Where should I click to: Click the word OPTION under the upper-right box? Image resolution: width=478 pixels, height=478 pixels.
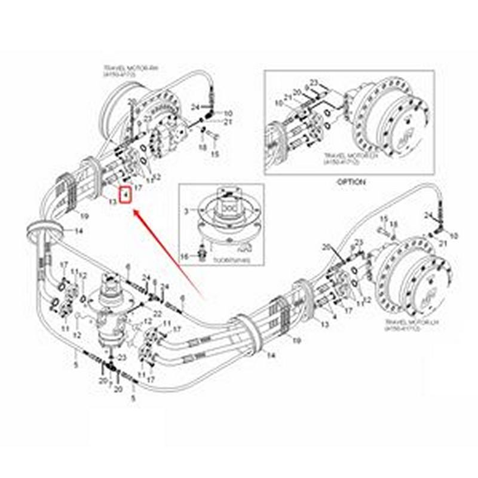[x=350, y=181]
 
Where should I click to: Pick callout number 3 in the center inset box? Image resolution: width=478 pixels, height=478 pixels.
[x=186, y=212]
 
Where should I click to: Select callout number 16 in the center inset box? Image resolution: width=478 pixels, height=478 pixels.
[x=185, y=256]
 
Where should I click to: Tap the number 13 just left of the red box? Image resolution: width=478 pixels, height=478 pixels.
[x=112, y=201]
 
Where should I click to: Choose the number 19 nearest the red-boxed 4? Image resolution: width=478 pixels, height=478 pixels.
[x=84, y=216]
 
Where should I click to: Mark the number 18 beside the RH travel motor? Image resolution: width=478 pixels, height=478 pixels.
[x=202, y=146]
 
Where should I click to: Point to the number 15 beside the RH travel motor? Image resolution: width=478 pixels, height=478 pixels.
[x=216, y=154]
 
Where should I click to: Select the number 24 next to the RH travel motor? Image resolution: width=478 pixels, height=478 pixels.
[x=195, y=107]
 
